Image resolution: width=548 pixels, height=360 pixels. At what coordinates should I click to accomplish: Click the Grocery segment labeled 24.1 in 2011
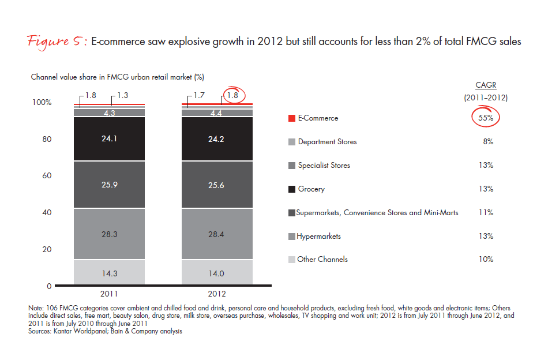click(109, 139)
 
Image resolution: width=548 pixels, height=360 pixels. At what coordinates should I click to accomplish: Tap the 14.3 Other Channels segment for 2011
click(109, 273)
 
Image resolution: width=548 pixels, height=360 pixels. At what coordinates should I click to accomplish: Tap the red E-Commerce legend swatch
click(292, 118)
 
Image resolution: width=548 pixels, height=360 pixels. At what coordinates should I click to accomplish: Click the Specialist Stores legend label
click(324, 166)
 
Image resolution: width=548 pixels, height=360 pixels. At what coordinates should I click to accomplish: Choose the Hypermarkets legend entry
click(318, 237)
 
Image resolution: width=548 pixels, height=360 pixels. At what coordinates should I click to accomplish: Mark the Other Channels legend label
click(322, 260)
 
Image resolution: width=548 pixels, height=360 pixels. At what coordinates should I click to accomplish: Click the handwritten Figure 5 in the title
click(56, 42)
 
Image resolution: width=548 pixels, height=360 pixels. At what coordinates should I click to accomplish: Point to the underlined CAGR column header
click(485, 85)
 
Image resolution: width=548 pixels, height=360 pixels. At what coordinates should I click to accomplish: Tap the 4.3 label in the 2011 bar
click(109, 113)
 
